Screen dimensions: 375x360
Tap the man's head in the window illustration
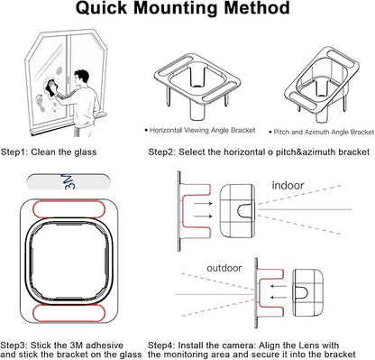[81, 78]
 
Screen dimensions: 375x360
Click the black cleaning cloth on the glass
[51, 87]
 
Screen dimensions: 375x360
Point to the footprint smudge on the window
[40, 103]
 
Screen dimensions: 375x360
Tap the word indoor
[288, 185]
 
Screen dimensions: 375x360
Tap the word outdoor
[224, 268]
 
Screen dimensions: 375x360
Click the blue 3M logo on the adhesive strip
[69, 181]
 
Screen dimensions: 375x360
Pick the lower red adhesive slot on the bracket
[69, 313]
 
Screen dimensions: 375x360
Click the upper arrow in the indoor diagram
[203, 203]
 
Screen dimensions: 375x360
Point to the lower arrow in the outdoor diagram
[279, 298]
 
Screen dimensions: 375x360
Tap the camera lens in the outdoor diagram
[301, 293]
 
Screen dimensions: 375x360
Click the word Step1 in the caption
[14, 152]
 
